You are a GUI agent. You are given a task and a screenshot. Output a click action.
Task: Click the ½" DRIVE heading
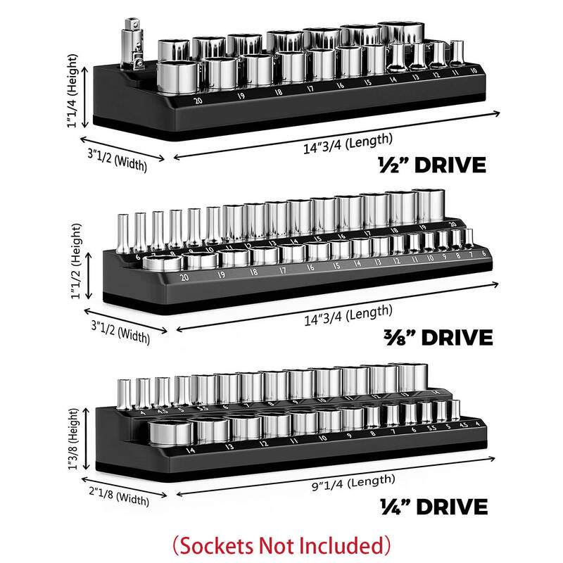coord(431,165)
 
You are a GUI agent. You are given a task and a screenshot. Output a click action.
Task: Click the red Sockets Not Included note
coord(281,544)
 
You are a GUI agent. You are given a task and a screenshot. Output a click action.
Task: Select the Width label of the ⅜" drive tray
coord(121,331)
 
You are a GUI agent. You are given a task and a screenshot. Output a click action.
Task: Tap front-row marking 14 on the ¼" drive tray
coord(189,450)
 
